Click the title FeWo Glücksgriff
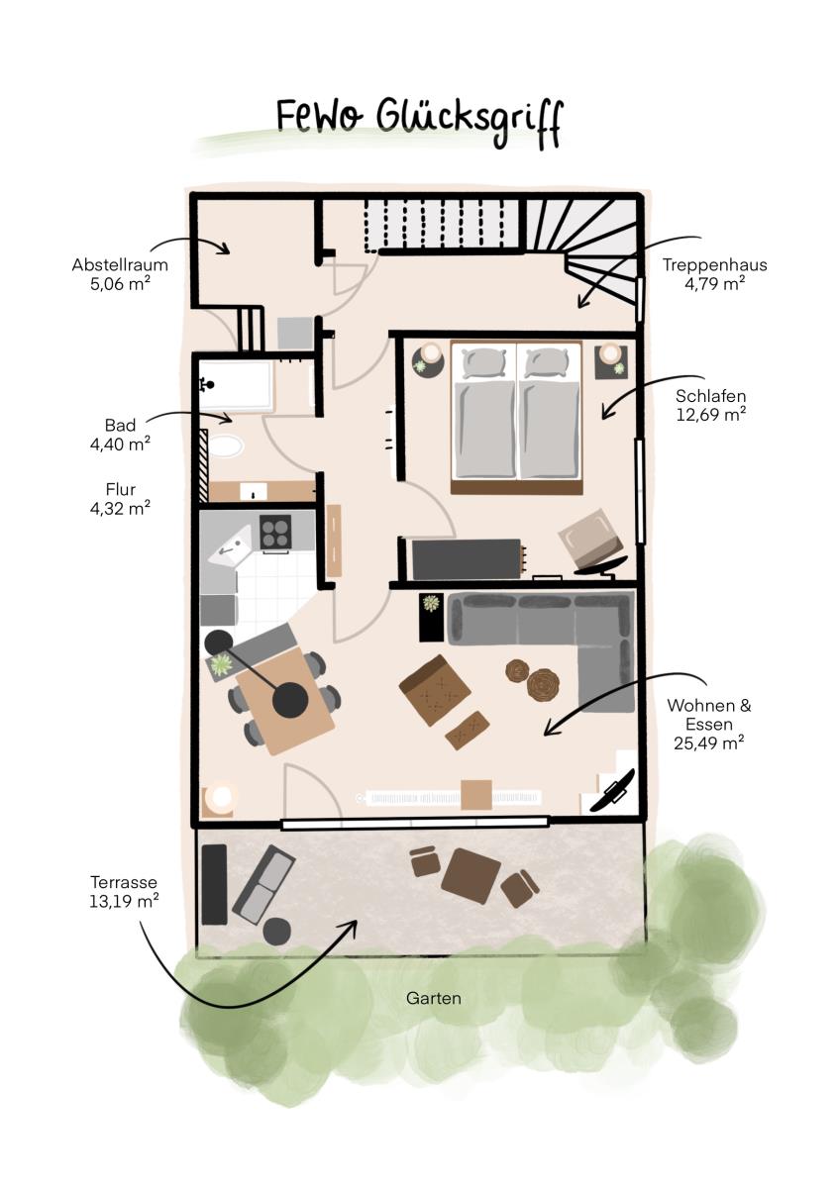point(418,123)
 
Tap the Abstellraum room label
point(120,264)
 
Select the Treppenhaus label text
point(714,264)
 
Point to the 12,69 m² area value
point(710,414)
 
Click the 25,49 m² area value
point(708,742)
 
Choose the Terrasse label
point(124,882)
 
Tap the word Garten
point(433,998)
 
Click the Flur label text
point(121,489)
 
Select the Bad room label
point(120,425)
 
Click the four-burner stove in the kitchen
point(275,532)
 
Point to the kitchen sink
point(230,545)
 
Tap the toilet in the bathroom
point(226,446)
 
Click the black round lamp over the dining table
point(290,700)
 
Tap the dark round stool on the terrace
point(277,932)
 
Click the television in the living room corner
point(612,790)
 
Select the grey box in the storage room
point(295,333)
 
